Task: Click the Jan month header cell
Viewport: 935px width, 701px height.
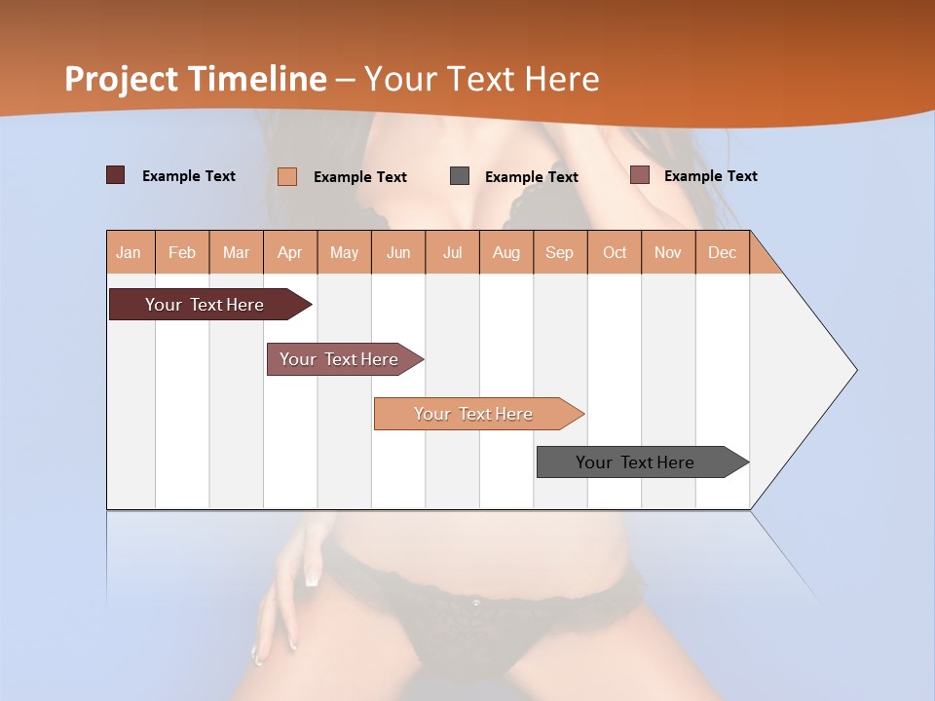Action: point(130,252)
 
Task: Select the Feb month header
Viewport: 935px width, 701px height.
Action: point(182,252)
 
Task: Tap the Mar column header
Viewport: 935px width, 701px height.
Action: point(236,252)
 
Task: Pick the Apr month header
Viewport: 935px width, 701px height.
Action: point(290,252)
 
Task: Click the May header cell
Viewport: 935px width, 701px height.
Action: point(344,252)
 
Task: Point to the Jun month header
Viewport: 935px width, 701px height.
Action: point(398,252)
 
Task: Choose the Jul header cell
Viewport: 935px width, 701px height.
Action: point(452,252)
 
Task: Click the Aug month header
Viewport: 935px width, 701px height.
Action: point(506,252)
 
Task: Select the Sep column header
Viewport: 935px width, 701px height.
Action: point(560,252)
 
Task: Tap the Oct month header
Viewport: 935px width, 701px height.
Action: point(615,252)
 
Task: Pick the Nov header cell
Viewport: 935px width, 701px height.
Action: point(668,252)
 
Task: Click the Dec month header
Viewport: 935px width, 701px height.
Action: point(722,252)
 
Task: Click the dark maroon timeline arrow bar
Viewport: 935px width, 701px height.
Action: point(206,305)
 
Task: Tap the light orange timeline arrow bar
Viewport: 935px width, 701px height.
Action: point(474,414)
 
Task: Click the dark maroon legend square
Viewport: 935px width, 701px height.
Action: point(116,175)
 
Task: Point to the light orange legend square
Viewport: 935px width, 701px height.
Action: point(287,176)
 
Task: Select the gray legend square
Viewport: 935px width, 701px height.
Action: point(460,176)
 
